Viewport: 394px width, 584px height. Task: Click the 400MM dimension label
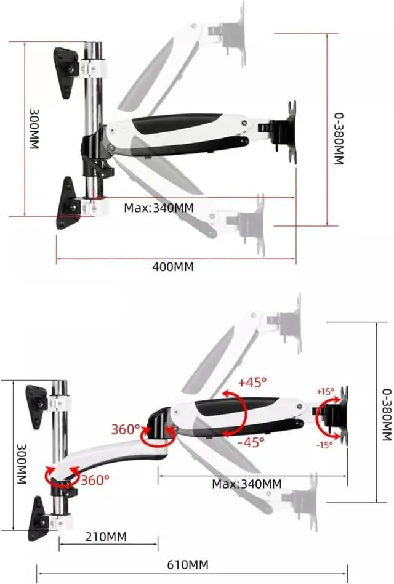[x=173, y=267]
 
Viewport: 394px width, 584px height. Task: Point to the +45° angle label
[x=252, y=382]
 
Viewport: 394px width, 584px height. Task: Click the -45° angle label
[x=251, y=441]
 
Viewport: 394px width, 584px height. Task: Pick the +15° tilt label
[x=325, y=391]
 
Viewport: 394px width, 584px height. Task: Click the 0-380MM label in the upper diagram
[x=338, y=138]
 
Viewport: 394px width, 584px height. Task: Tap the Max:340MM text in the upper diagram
[x=158, y=208]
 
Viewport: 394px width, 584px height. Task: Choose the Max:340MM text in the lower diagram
[x=247, y=484]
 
